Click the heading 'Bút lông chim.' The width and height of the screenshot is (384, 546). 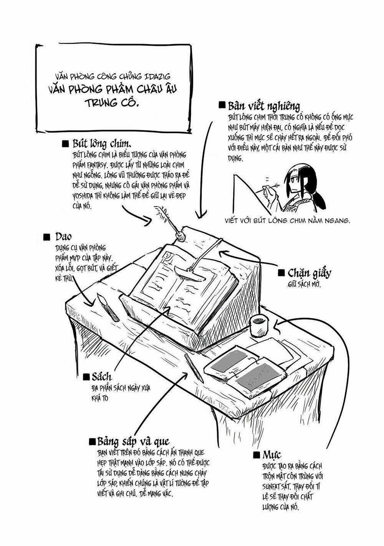(x=102, y=144)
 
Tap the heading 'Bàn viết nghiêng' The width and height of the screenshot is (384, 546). (x=263, y=106)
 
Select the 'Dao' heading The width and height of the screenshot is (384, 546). (x=63, y=236)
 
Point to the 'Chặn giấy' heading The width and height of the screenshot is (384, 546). (x=309, y=273)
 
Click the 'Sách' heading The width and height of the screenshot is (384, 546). (x=101, y=377)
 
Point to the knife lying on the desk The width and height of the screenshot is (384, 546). (x=109, y=307)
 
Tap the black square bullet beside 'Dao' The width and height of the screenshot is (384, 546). (x=47, y=237)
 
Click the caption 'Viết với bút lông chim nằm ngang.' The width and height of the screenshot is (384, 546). (x=287, y=221)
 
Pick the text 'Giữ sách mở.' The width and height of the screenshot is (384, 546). (x=304, y=285)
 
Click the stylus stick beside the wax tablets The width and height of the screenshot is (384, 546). (x=194, y=367)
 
